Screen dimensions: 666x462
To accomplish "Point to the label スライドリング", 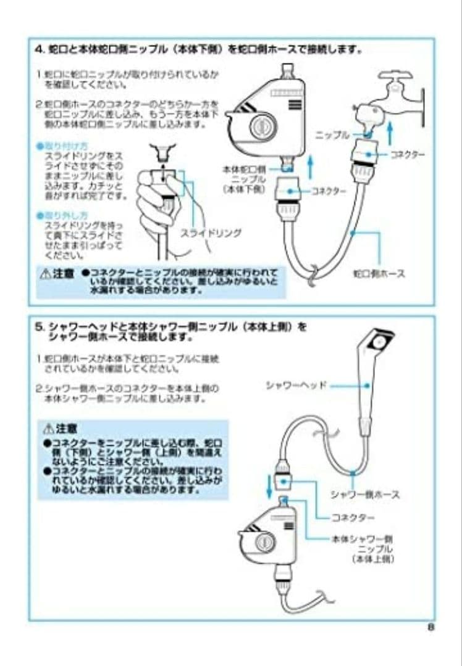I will tap(211, 233).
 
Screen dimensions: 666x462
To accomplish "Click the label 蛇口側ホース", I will tap(379, 273).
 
